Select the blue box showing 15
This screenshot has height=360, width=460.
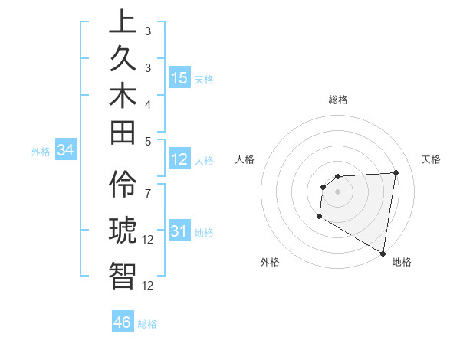[x=179, y=78]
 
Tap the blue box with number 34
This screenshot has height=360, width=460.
[x=65, y=151]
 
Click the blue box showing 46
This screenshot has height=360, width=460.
[x=123, y=322]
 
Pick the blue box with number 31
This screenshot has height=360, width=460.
[x=179, y=231]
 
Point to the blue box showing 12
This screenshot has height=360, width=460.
[x=179, y=159]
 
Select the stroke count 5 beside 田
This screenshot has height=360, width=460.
[x=148, y=140]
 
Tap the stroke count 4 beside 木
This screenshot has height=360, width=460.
[x=148, y=103]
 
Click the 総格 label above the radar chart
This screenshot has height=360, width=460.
[x=338, y=100]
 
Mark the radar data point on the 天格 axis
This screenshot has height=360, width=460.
[x=396, y=172]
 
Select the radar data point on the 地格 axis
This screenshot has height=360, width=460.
[x=383, y=253]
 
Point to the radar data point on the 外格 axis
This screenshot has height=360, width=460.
[x=319, y=217]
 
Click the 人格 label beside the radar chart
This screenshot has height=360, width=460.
[x=245, y=159]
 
